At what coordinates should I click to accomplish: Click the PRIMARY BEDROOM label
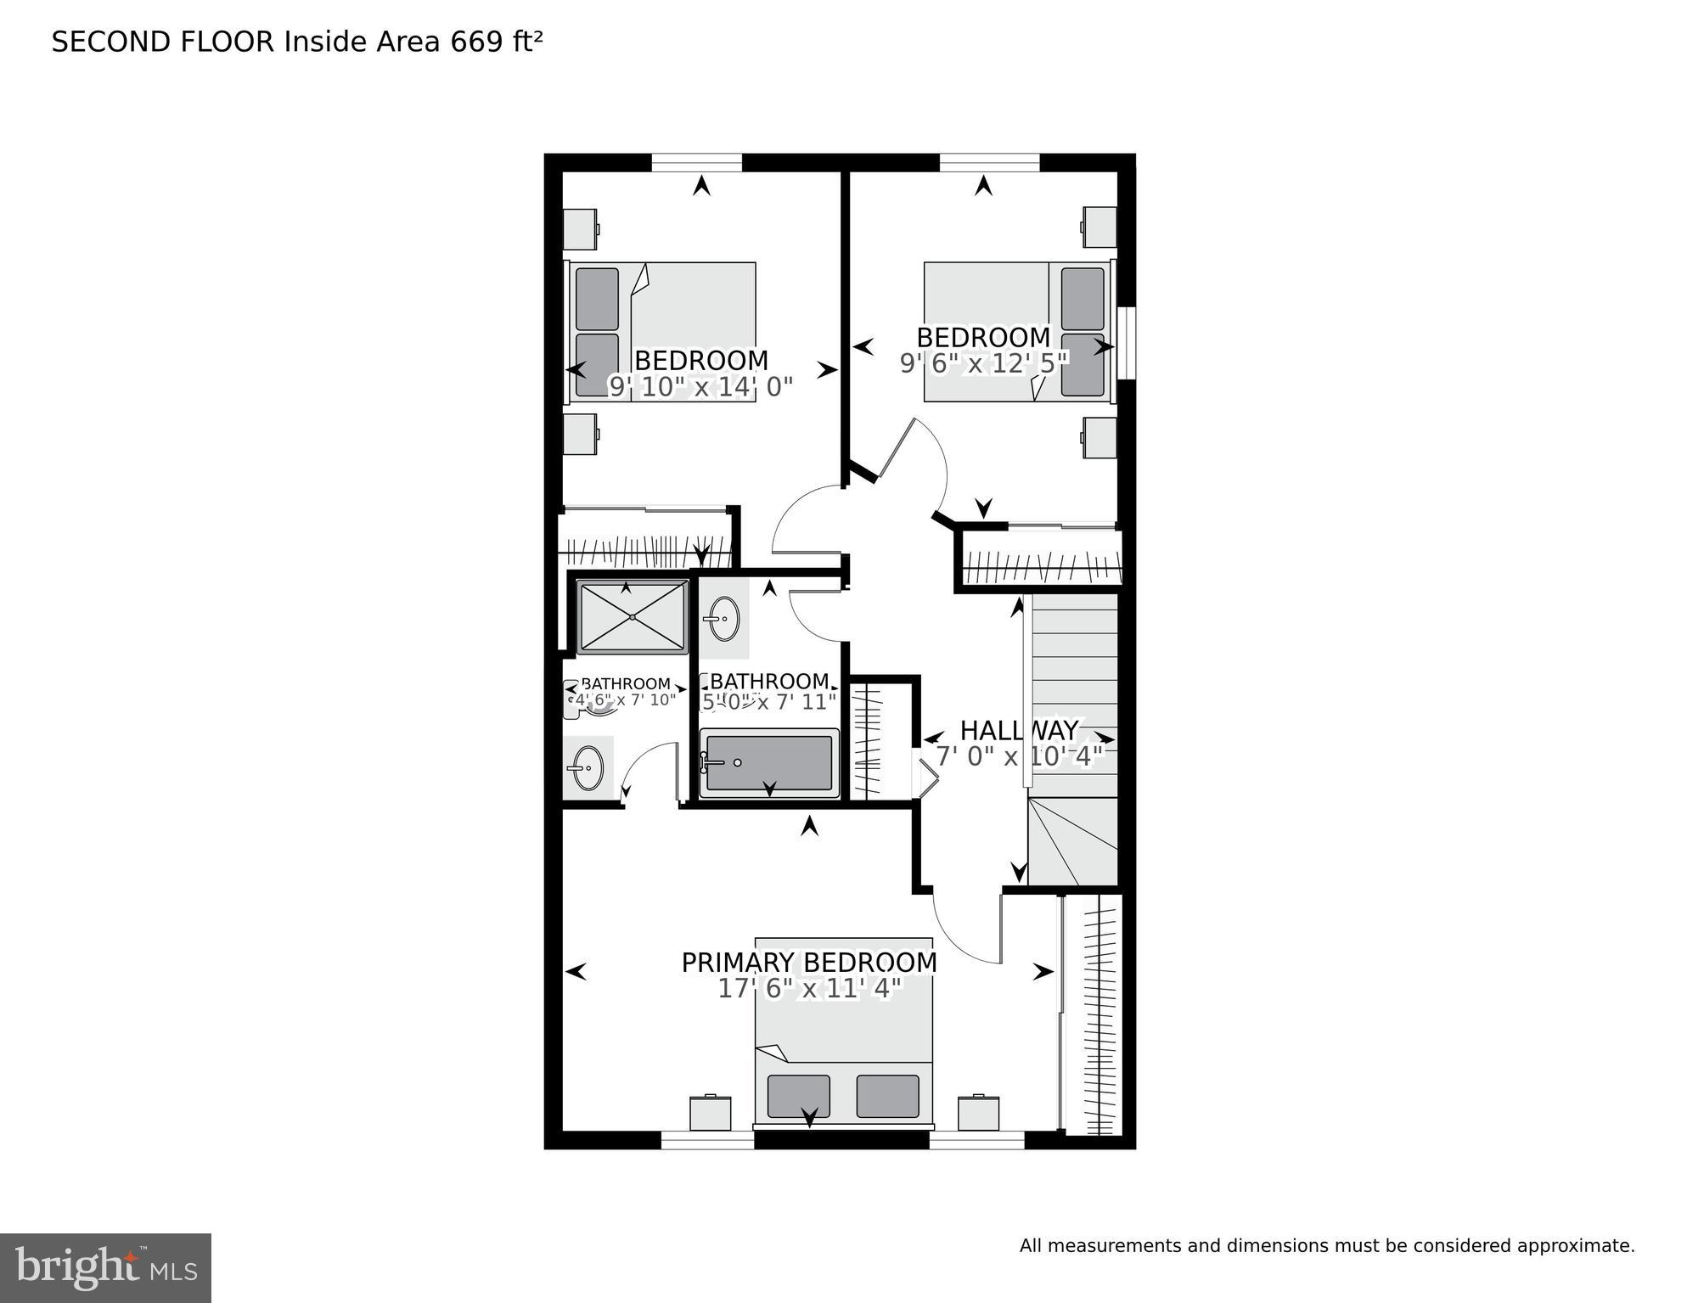pos(809,963)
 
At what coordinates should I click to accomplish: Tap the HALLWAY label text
pos(1019,730)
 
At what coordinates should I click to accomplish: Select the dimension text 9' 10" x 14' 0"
pos(701,387)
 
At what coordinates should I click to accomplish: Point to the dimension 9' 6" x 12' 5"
pos(983,363)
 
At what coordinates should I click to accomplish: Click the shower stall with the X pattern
pos(633,617)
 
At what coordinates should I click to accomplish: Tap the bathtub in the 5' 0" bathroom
pos(769,763)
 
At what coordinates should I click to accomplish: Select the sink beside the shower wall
pos(723,619)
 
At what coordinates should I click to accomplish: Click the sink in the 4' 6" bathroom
pos(587,767)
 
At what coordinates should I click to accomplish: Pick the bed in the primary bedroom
pos(844,1031)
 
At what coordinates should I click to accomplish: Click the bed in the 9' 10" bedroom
pos(662,331)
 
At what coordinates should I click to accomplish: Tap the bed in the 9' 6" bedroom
pos(1017,331)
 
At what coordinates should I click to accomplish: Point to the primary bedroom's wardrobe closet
pos(1094,1014)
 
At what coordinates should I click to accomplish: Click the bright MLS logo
pos(105,1268)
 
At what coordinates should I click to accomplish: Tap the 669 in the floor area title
pos(476,42)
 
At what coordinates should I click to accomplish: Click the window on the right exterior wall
pos(1127,343)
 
